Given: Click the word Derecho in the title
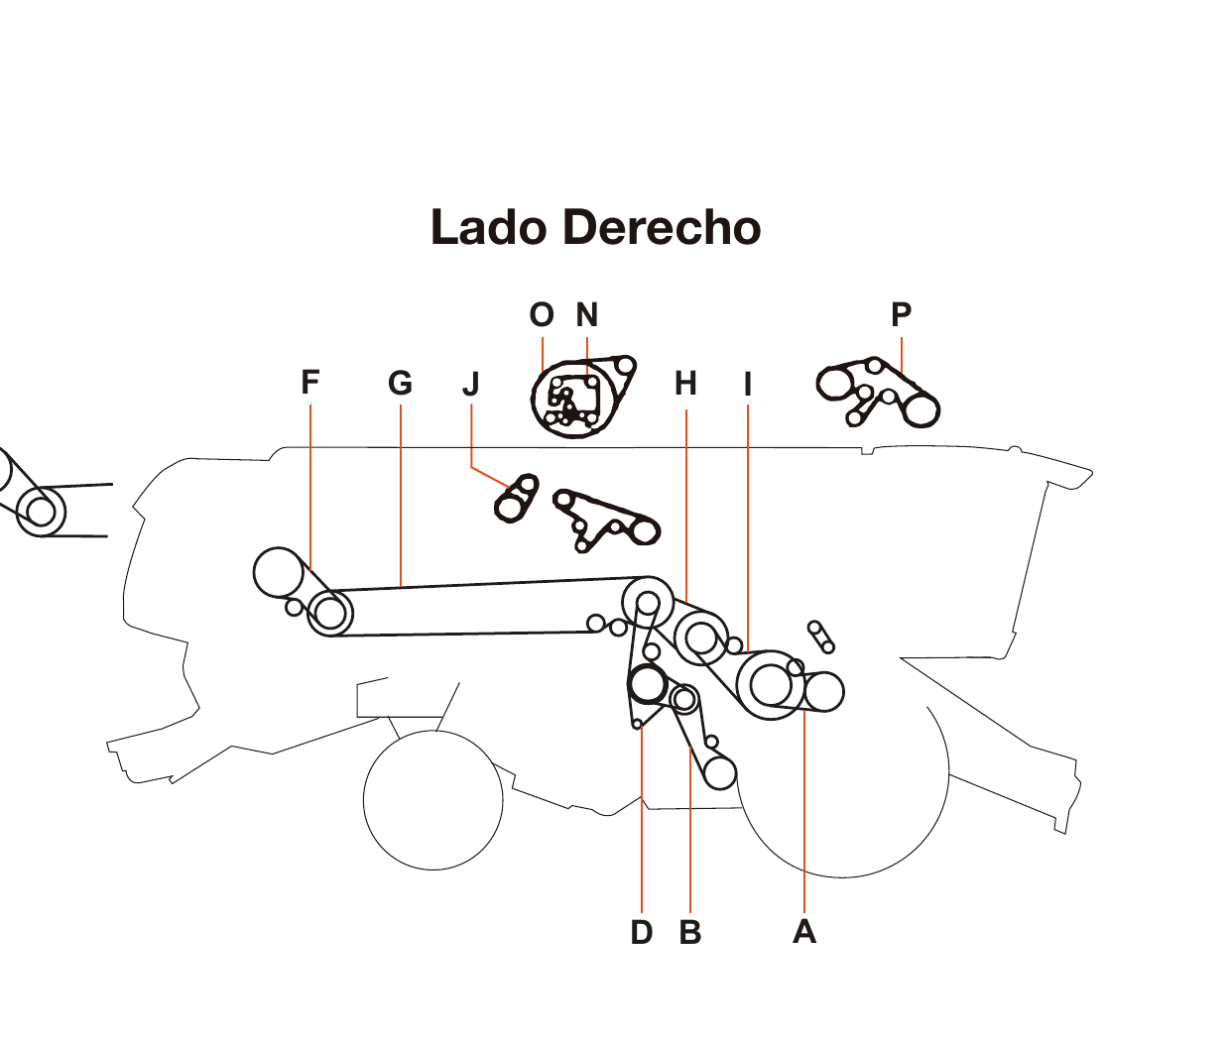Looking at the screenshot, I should [662, 228].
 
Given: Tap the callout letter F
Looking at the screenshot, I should [310, 383].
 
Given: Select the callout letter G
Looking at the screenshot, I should [400, 384].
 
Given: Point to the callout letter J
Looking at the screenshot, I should [471, 384].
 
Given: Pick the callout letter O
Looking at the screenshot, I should [542, 315].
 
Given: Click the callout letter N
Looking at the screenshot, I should [587, 315].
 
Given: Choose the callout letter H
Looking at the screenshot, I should [685, 384].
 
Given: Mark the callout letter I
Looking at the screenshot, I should [748, 385].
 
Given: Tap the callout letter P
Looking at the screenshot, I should [901, 315].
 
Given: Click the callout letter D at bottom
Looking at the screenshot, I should [642, 933].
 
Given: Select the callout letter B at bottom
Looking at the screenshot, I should [690, 933].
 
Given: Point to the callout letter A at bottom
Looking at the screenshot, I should [804, 932].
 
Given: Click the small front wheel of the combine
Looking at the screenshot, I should [433, 800].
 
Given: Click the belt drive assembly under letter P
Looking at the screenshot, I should [878, 393].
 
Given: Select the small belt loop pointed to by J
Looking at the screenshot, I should [516, 499].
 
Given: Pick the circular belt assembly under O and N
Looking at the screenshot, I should [575, 398].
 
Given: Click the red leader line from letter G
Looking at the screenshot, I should [400, 496].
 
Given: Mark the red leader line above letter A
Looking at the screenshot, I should [804, 813].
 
